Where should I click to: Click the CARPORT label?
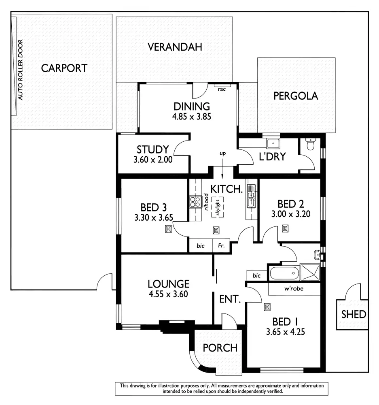[64, 68]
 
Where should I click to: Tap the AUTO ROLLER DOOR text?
[21, 70]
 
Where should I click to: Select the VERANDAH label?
[175, 47]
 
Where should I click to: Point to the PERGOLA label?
[296, 96]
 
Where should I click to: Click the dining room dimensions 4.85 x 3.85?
[192, 117]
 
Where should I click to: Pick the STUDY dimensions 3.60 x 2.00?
[153, 160]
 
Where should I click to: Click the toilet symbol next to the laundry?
[311, 145]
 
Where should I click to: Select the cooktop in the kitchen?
[195, 201]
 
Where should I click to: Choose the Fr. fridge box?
[222, 246]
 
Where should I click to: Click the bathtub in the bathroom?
[284, 273]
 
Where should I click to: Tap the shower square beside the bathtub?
[309, 273]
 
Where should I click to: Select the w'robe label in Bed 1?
[294, 289]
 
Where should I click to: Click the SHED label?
[354, 314]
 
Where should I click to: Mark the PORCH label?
[220, 348]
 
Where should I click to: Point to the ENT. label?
[230, 300]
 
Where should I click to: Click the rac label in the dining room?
[221, 89]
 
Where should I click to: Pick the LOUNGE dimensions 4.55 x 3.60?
[168, 294]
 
